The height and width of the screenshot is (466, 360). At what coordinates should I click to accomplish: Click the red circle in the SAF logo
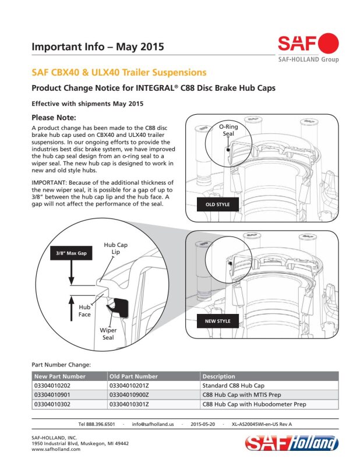pos(328,43)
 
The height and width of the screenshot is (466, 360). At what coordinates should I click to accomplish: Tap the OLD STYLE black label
pos(218,204)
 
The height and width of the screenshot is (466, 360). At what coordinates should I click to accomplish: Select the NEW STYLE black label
pos(218,321)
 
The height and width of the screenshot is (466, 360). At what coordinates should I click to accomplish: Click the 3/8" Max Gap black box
pos(71,253)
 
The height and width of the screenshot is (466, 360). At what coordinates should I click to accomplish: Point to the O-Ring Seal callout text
pos(228,130)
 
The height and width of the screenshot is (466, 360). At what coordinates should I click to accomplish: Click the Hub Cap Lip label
pos(116,249)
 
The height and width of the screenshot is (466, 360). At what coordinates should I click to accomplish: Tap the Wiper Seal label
pos(108,334)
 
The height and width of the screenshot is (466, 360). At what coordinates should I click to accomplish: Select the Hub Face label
pos(84,311)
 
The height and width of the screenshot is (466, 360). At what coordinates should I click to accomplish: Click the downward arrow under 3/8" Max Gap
pos(71,273)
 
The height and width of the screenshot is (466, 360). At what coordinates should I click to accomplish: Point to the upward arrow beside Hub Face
pos(71,309)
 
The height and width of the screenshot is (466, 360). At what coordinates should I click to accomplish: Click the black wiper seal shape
pos(119,308)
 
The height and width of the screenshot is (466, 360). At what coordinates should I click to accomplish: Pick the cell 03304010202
pos(52,386)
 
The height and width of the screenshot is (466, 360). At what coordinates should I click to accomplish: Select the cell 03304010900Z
pos(129,395)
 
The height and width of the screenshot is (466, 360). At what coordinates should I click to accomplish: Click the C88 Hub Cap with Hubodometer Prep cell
pos(254,404)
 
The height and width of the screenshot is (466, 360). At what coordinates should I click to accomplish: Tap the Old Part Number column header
pos(133,376)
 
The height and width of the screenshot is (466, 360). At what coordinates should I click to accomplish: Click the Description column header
pos(218,376)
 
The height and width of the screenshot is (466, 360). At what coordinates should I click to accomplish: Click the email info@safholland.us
pos(153,424)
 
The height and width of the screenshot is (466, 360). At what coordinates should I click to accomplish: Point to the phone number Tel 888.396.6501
pos(97,424)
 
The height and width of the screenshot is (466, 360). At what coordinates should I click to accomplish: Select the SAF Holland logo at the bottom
pos(292,443)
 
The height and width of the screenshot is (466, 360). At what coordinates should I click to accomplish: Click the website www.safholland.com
pos(56,449)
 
